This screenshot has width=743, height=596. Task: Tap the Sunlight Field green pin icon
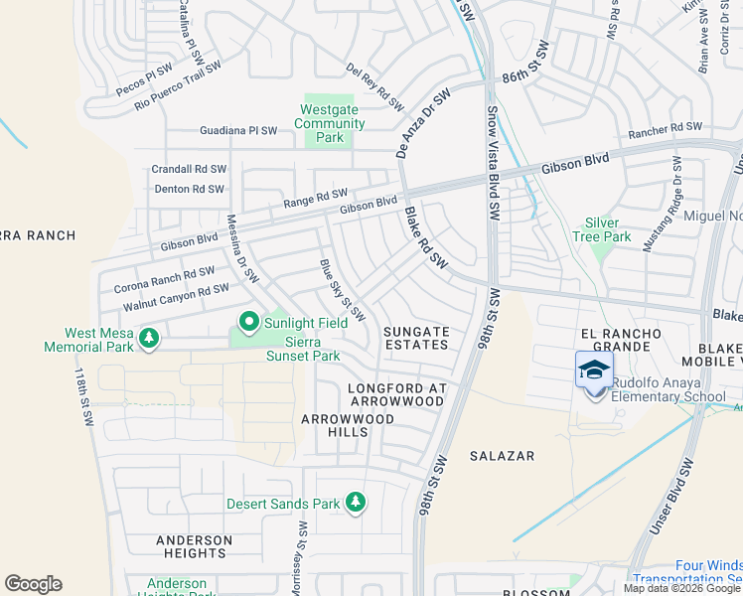pos(247,322)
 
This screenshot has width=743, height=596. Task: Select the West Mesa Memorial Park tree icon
pos(149,340)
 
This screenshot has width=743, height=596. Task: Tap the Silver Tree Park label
pos(608,229)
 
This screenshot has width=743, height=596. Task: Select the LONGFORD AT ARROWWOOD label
pos(396,393)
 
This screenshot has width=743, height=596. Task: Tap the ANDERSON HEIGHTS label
pos(193,546)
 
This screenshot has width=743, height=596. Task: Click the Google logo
pos(33,584)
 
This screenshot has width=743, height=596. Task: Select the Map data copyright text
pos(682,588)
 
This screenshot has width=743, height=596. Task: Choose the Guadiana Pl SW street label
pos(238,130)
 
